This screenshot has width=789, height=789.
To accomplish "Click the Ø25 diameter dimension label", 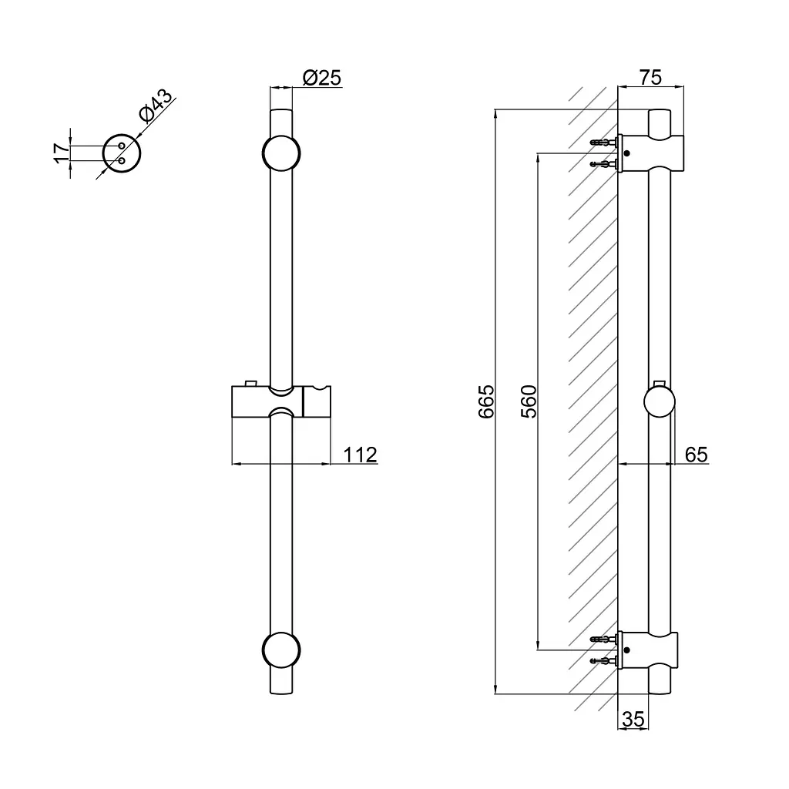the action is tap(322, 78).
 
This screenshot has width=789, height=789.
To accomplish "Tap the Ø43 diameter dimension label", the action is tap(156, 106).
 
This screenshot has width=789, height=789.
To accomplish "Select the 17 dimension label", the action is tap(61, 153).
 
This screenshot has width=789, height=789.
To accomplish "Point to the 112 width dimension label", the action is tap(360, 455).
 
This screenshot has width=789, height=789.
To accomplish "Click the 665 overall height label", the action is tap(486, 401).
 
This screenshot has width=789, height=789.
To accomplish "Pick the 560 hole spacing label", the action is tap(529, 401).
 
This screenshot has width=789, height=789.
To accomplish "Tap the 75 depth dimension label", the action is tap(650, 78).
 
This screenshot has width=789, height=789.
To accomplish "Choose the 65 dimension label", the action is tap(697, 455).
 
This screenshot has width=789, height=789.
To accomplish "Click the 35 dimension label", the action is tap(633, 719).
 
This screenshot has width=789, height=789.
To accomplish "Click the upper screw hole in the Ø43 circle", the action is tap(121, 146).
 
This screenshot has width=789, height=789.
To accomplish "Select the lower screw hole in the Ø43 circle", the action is tap(121, 161).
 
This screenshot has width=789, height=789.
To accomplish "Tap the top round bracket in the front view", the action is tap(281, 153).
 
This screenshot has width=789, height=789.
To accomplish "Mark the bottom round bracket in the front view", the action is tap(281, 650).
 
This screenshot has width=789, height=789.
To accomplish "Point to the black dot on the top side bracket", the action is tap(626, 153).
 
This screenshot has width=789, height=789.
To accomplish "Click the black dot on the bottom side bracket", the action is tap(626, 650).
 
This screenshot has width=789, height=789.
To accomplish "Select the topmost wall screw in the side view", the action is tap(603, 143).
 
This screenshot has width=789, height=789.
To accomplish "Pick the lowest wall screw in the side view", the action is tap(603, 660).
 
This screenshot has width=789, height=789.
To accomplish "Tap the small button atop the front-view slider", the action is tap(251, 383).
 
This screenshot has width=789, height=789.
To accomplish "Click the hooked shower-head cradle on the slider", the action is tap(317, 401).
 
